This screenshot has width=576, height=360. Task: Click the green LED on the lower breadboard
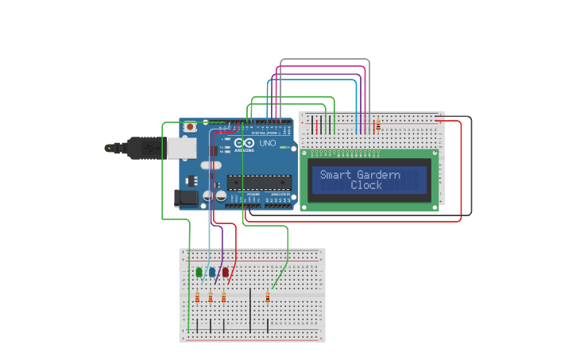click(x=199, y=273)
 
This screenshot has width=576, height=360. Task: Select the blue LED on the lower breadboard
click(x=212, y=273)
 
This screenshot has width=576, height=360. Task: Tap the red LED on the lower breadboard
click(x=225, y=273)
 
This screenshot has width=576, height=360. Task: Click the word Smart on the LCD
click(x=335, y=175)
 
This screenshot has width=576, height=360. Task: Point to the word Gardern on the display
click(x=379, y=175)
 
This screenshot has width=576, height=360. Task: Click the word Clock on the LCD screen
click(x=366, y=185)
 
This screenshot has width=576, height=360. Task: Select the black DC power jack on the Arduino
click(x=185, y=198)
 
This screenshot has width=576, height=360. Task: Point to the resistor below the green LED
click(x=197, y=298)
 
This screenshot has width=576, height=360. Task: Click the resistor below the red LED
click(x=223, y=298)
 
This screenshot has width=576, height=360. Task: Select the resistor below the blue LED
click(x=211, y=298)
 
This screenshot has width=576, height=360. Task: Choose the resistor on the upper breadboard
click(x=377, y=125)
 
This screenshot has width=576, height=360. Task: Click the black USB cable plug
click(x=119, y=147)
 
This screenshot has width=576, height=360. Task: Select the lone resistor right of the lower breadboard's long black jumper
click(x=267, y=298)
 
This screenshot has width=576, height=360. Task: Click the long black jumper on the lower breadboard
click(x=250, y=311)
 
